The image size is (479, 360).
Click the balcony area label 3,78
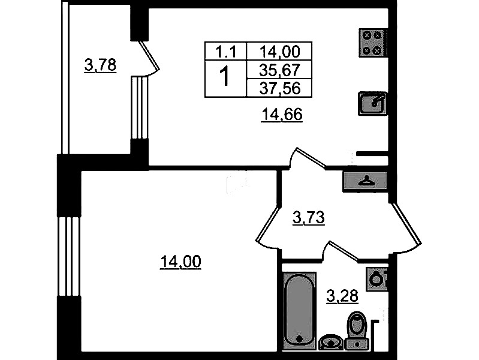coord(100,65)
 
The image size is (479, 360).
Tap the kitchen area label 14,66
coord(282,115)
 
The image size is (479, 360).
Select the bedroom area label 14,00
coord(180,262)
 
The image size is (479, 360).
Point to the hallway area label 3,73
coord(309,218)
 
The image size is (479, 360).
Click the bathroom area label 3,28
coord(342,296)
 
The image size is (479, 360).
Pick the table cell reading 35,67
coord(279,70)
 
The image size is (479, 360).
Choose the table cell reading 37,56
coord(279,88)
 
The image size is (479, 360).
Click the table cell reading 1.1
coord(226,52)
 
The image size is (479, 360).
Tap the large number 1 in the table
coord(225,77)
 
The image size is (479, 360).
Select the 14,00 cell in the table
coord(279,52)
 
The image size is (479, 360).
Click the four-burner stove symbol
coord(373,43)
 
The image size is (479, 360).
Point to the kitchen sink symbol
coord(373,104)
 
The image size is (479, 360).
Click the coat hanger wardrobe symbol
coord(365,182)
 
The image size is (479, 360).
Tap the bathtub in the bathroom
coord(299,311)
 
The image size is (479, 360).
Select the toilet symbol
coord(357,331)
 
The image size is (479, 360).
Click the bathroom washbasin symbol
coord(331,342)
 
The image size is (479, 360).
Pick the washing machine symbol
coord(376,279)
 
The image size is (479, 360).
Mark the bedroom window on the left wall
coord(69,256)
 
